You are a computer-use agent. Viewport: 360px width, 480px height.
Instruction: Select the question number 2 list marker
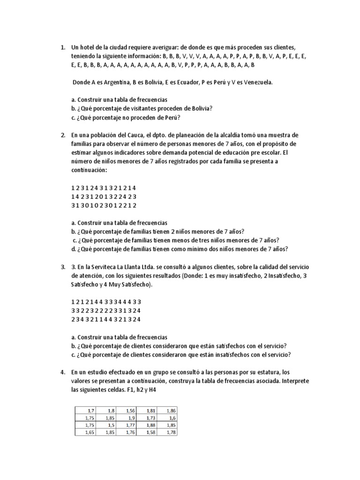pyautogui.click(x=63, y=135)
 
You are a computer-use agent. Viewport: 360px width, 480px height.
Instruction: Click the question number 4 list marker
pyautogui.click(x=63, y=373)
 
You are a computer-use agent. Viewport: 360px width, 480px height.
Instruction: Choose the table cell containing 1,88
pyautogui.click(x=150, y=425)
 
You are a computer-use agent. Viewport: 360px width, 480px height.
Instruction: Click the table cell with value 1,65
pyautogui.click(x=89, y=433)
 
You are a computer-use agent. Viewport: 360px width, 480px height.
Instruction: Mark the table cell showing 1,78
pyautogui.click(x=170, y=433)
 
